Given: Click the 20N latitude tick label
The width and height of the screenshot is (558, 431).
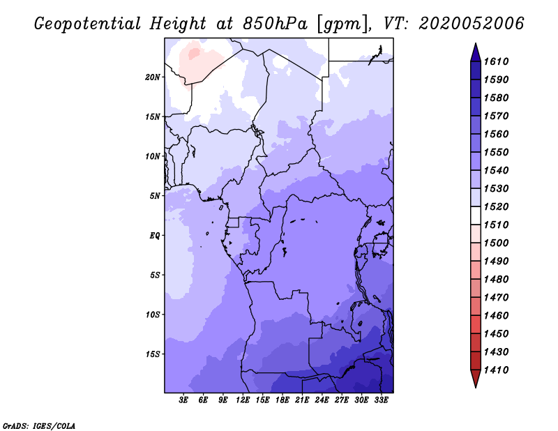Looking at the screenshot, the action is (x=153, y=77).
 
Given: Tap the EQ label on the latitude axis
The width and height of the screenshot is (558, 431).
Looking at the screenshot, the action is (x=154, y=236).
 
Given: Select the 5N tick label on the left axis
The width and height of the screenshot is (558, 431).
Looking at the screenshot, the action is (x=155, y=196).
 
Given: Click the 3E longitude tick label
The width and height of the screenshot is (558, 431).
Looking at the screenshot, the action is (x=183, y=400).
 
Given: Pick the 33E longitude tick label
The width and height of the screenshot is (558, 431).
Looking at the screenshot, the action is (x=381, y=400).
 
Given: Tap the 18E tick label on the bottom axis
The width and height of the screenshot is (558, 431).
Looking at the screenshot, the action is (x=282, y=400).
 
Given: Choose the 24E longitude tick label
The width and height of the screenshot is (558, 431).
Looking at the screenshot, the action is (x=322, y=400).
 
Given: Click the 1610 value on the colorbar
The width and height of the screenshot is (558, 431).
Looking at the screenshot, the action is (x=496, y=61).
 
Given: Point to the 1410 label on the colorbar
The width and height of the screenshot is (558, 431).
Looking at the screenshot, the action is (x=496, y=370).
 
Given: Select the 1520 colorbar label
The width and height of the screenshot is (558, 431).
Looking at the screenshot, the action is (x=496, y=206).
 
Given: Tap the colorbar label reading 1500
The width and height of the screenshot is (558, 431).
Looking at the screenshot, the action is (x=496, y=243).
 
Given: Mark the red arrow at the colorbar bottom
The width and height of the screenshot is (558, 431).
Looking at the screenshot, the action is (x=476, y=377).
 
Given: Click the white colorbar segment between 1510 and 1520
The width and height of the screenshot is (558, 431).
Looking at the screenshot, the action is (x=476, y=215).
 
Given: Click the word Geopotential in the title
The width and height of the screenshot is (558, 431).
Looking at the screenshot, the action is (x=87, y=24).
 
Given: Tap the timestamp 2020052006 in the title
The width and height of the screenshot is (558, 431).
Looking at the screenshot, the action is (x=472, y=24).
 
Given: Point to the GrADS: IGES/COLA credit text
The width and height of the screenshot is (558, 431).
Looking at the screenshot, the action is (x=39, y=425).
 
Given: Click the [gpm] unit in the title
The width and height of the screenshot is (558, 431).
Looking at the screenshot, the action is (x=342, y=24).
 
